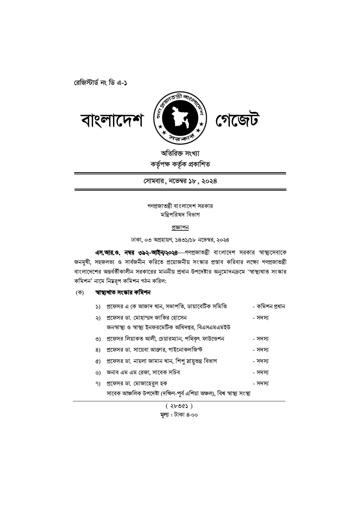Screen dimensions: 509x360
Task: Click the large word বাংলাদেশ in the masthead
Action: click(112, 121)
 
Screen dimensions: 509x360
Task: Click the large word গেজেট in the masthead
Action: click(237, 121)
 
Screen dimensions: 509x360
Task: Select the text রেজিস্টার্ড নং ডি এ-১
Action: click(100, 82)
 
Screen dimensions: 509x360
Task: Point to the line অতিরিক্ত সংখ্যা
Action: click(180, 153)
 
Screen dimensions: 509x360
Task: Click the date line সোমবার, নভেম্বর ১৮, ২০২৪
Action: click(180, 181)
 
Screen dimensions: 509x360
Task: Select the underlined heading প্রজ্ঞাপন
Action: click(180, 227)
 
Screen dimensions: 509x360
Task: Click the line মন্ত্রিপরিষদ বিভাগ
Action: click(180, 215)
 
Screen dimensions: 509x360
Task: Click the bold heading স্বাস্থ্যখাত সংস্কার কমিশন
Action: click(123, 293)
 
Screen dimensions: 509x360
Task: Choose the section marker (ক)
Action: click(80, 293)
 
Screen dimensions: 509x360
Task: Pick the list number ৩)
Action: click(98, 339)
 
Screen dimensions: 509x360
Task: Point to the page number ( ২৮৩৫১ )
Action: click(179, 406)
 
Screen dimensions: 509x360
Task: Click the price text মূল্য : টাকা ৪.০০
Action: click(179, 415)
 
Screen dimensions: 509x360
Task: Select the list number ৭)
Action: click(98, 384)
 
